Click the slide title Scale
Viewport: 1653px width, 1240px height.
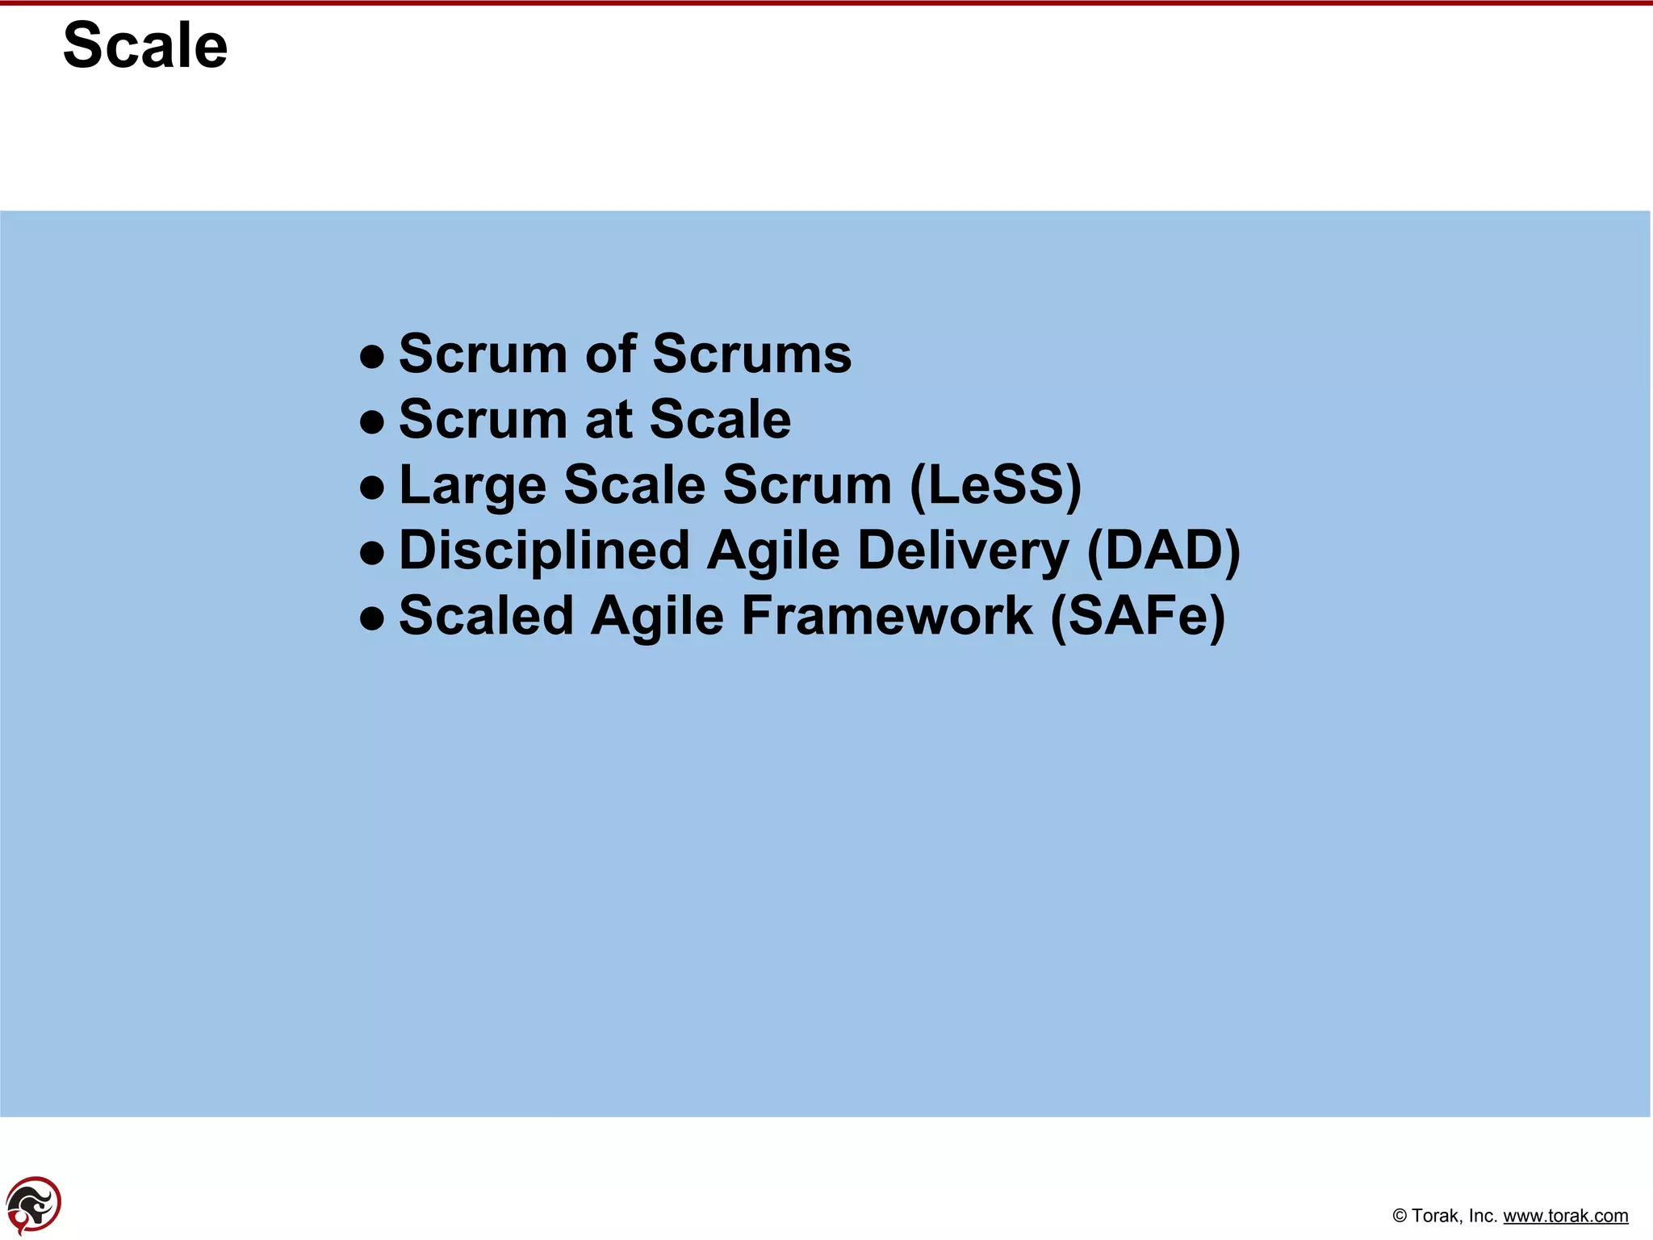click(x=145, y=46)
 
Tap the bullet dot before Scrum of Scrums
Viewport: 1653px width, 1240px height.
click(x=371, y=356)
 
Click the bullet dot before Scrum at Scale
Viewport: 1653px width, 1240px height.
click(x=371, y=421)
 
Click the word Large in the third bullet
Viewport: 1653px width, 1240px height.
click(x=472, y=486)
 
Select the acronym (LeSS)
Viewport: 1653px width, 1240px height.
click(x=994, y=486)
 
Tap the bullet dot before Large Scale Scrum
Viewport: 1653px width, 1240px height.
click(x=371, y=487)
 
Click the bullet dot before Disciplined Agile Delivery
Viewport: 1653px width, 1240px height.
click(x=371, y=553)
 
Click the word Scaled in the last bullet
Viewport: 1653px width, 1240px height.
click(x=485, y=617)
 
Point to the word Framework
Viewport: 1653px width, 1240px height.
click(x=886, y=617)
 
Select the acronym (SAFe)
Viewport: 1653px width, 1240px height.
click(x=1137, y=617)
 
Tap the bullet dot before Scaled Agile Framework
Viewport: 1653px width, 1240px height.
click(x=371, y=618)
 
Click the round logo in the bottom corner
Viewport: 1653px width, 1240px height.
click(x=33, y=1204)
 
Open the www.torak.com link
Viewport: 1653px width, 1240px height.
click(x=1565, y=1216)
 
